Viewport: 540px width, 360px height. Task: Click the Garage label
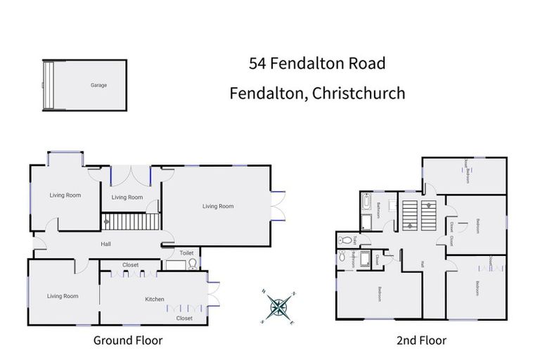[98, 85]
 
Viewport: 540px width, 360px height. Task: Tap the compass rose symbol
[279, 306]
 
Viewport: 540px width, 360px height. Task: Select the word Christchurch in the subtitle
[359, 93]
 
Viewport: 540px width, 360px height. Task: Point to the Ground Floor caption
[128, 340]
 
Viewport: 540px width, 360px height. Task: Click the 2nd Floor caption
[421, 340]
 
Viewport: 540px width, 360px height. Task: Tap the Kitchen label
[155, 300]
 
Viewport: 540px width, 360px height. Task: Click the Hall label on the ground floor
[105, 244]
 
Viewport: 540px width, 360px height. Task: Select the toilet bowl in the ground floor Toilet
[192, 264]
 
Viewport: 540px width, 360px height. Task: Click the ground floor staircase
[131, 222]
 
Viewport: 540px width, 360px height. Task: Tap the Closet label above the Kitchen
[130, 265]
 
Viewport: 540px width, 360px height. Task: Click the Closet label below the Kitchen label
[184, 318]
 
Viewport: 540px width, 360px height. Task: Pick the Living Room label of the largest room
[217, 206]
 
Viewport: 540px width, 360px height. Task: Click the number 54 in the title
[258, 63]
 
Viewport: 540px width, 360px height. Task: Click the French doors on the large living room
[279, 205]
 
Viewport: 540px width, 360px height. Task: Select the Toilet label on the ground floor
[186, 252]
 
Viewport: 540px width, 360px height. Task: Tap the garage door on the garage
[49, 85]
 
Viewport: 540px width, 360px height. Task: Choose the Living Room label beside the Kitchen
[62, 296]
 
